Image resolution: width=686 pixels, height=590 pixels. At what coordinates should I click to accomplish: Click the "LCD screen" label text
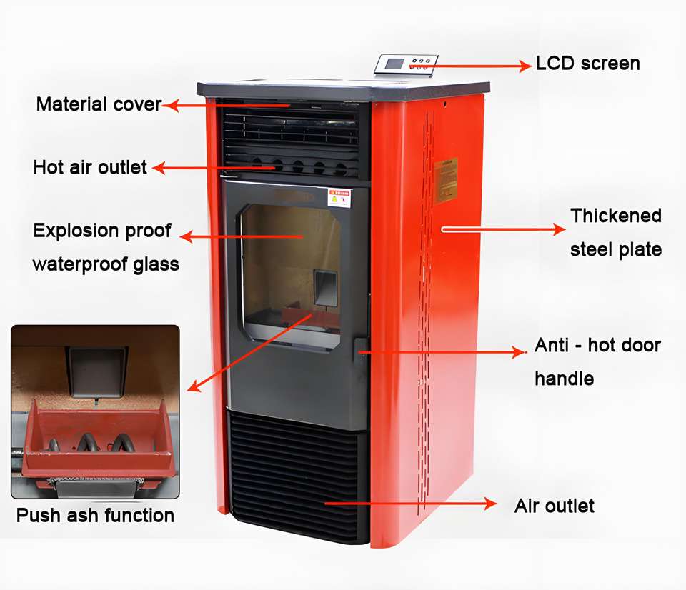588,64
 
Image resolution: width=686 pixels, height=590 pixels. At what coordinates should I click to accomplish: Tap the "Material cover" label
99,104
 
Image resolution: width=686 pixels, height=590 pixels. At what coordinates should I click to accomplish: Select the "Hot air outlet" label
90,168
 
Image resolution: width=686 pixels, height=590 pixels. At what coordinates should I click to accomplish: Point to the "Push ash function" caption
95,515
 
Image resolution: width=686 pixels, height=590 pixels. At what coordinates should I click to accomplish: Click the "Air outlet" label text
555,506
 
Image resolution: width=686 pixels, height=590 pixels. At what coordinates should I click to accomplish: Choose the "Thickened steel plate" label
616,232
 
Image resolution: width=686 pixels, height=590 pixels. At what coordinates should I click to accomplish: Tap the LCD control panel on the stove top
407,64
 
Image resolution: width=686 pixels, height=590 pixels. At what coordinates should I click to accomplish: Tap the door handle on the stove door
361,351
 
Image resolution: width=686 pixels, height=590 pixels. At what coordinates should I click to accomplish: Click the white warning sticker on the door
339,196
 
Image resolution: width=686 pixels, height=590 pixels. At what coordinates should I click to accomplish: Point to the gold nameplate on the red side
445,180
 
